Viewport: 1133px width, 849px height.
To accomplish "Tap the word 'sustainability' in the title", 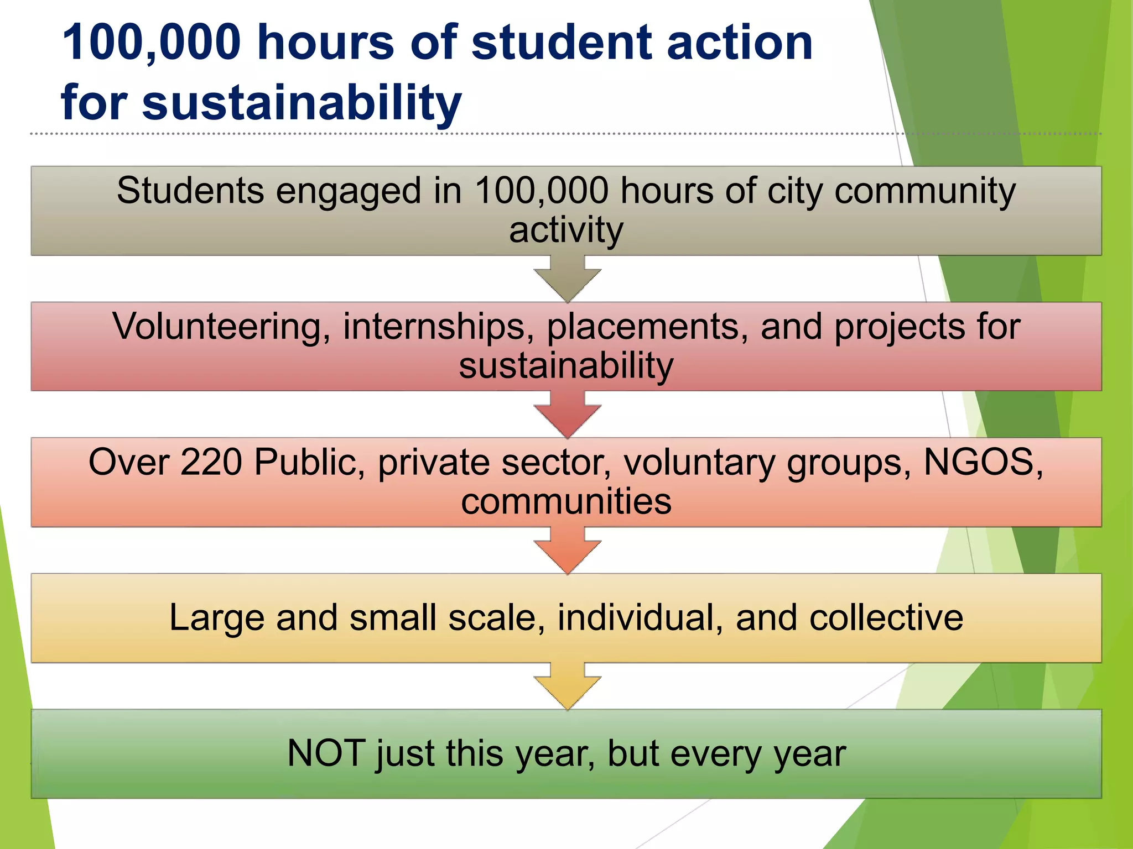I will [302, 103].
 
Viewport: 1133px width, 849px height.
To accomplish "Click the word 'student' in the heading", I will [562, 43].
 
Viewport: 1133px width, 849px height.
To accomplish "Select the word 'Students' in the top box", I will [190, 191].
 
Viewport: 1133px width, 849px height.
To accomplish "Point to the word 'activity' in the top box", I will [566, 230].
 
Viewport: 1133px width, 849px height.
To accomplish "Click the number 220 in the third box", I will [211, 462].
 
